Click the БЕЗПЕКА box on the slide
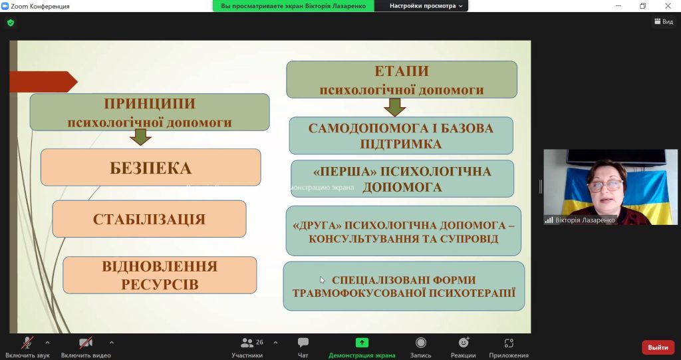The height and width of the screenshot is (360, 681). [151, 168]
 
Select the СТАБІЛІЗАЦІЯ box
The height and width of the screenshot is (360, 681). [149, 219]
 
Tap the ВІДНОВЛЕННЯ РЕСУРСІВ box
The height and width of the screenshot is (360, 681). [160, 275]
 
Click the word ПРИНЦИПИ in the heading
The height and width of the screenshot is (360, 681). [150, 104]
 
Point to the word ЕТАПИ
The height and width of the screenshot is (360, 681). [401, 71]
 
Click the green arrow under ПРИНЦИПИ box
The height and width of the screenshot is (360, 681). [140, 137]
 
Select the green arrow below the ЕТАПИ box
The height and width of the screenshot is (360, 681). [395, 107]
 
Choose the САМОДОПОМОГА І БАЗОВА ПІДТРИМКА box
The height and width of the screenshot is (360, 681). [401, 136]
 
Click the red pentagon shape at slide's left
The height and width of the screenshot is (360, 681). [43, 82]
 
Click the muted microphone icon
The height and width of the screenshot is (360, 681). [27, 343]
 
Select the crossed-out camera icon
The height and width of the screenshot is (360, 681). [86, 343]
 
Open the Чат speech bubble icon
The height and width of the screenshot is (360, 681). [303, 343]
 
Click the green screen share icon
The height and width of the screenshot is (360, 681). [362, 343]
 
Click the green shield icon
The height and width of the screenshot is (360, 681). [11, 23]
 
